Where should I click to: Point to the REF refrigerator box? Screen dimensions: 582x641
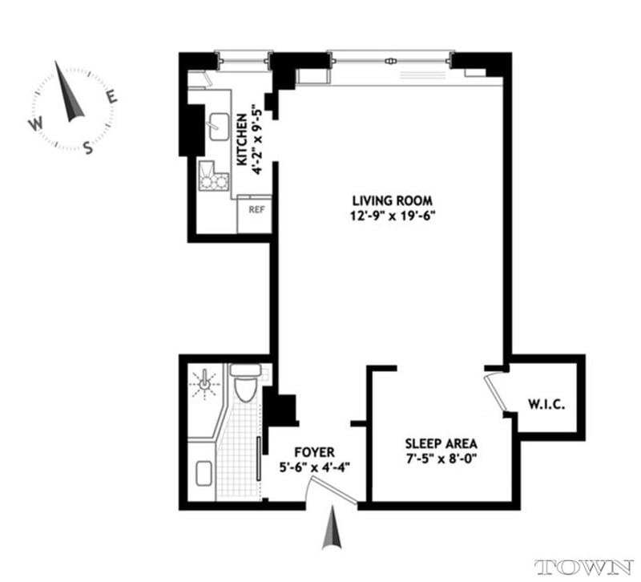pyautogui.click(x=256, y=210)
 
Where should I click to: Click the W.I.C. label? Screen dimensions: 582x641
pyautogui.click(x=546, y=404)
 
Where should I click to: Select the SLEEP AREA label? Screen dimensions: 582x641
pyautogui.click(x=441, y=443)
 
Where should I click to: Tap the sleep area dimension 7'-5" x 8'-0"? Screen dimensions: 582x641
pyautogui.click(x=441, y=459)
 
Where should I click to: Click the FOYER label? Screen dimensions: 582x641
pyautogui.click(x=313, y=452)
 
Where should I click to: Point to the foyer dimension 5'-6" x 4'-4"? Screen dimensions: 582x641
pyautogui.click(x=313, y=467)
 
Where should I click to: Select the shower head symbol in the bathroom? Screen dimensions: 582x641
pyautogui.click(x=208, y=383)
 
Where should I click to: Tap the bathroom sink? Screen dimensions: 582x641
pyautogui.click(x=202, y=474)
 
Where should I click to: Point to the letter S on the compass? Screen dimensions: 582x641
pyautogui.click(x=89, y=147)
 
